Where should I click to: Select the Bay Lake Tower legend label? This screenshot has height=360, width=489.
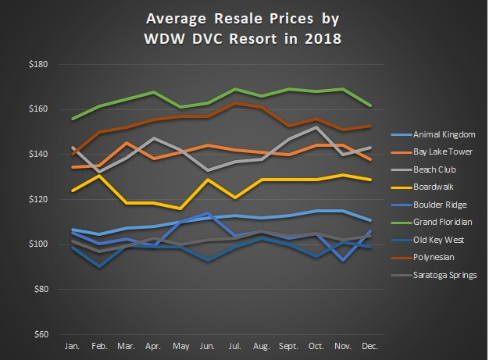(x=441, y=151)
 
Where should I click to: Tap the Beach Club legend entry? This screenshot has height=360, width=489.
(x=434, y=169)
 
